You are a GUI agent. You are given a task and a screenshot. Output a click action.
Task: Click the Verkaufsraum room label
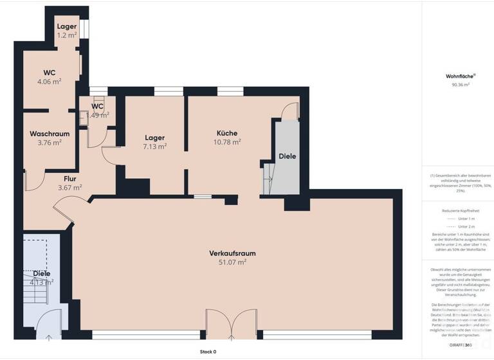[228, 253]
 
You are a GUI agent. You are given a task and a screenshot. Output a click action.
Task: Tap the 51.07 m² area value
[228, 262]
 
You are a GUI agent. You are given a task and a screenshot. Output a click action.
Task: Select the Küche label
[227, 132]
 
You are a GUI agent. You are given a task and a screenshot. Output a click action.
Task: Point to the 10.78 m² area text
[227, 141]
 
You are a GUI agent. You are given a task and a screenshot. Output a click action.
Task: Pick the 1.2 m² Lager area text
[67, 35]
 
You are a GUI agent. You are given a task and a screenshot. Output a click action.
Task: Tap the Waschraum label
[50, 134]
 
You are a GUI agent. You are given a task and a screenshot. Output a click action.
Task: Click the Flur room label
[70, 179]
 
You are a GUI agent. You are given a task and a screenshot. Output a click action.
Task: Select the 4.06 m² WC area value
[50, 82]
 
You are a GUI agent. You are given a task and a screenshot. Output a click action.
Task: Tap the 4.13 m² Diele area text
[42, 282]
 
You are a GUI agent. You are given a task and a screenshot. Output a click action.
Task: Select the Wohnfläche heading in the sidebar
[457, 76]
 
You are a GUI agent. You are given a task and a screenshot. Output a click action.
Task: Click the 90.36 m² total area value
[457, 84]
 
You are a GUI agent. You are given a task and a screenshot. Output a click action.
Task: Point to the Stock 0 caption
[208, 352]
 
